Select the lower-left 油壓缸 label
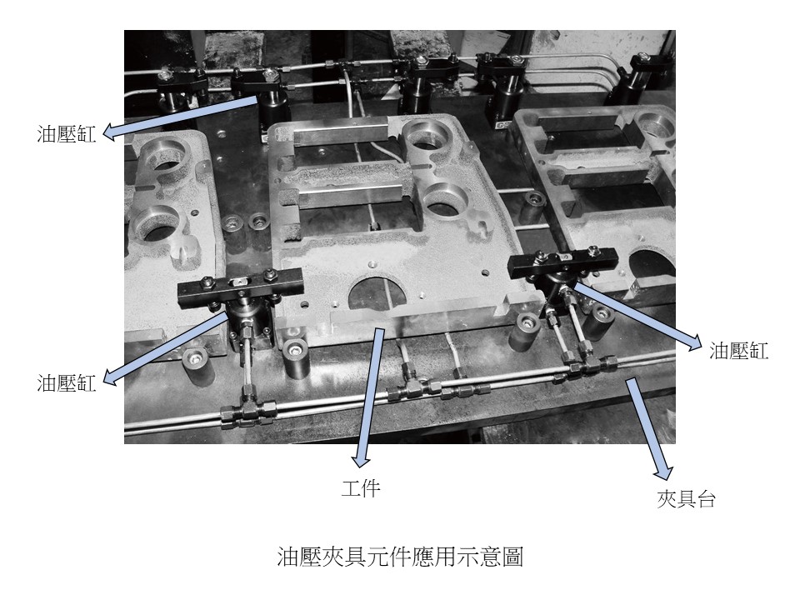(67, 382)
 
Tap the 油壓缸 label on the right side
(738, 350)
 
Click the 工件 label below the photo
(361, 488)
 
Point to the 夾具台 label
(686, 498)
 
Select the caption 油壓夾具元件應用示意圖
(400, 557)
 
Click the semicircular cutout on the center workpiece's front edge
(377, 294)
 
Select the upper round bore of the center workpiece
(427, 140)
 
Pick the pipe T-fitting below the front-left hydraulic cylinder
(248, 409)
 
